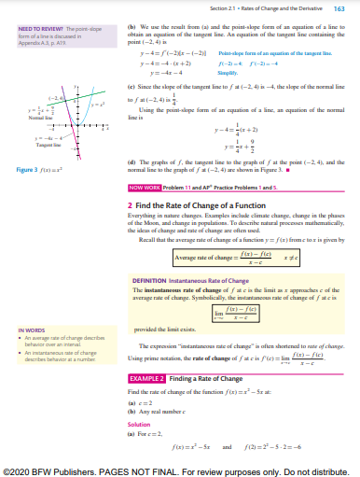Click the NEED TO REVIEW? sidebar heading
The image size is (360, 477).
pos(27,28)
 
